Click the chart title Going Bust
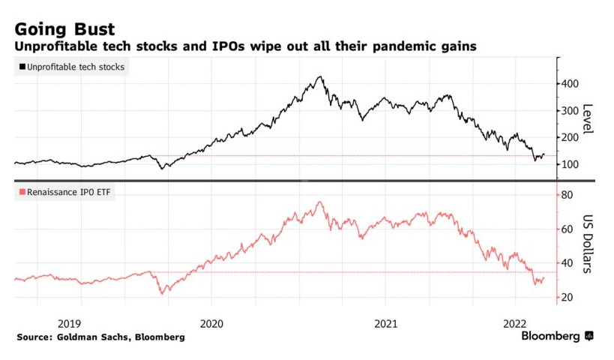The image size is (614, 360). click(x=64, y=29)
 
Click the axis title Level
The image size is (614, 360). click(x=588, y=118)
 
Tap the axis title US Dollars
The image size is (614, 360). click(x=588, y=244)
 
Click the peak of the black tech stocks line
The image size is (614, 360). click(x=320, y=76)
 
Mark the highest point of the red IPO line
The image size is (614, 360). click(x=320, y=202)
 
